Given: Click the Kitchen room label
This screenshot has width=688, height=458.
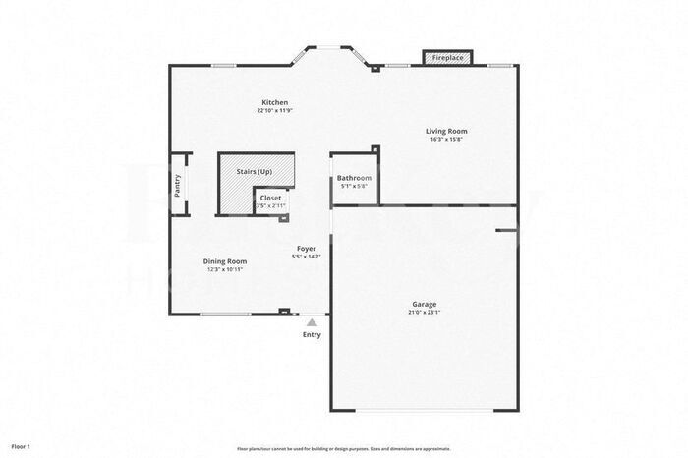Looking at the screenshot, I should [274, 103].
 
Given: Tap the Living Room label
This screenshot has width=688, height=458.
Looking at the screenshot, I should [445, 131].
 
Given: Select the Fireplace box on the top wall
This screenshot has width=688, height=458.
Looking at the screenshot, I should [448, 58].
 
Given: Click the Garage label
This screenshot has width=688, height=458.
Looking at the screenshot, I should [425, 305].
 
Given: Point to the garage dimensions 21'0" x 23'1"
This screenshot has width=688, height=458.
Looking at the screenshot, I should [425, 313].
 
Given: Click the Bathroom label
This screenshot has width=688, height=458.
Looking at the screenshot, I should [354, 178].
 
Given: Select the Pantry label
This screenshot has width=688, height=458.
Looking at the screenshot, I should [178, 186].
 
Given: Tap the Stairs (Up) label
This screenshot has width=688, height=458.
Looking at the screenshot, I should [254, 172].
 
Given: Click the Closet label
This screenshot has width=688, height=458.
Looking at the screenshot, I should [270, 198].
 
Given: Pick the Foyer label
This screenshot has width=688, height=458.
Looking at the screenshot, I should [306, 249].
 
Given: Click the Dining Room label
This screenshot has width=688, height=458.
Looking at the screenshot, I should [223, 261].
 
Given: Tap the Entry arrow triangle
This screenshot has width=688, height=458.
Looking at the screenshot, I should [312, 321].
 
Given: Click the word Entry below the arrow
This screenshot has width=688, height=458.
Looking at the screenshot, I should [312, 335].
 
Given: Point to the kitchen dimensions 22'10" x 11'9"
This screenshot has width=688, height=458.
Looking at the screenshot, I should [274, 111].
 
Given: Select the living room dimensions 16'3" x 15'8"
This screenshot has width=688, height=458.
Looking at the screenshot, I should [445, 139].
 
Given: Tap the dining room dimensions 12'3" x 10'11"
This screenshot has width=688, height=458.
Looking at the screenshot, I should [223, 269].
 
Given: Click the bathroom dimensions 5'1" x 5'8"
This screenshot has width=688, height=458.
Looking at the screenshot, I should [354, 186].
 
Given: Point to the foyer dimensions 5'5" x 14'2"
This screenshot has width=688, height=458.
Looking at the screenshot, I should [306, 257].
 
